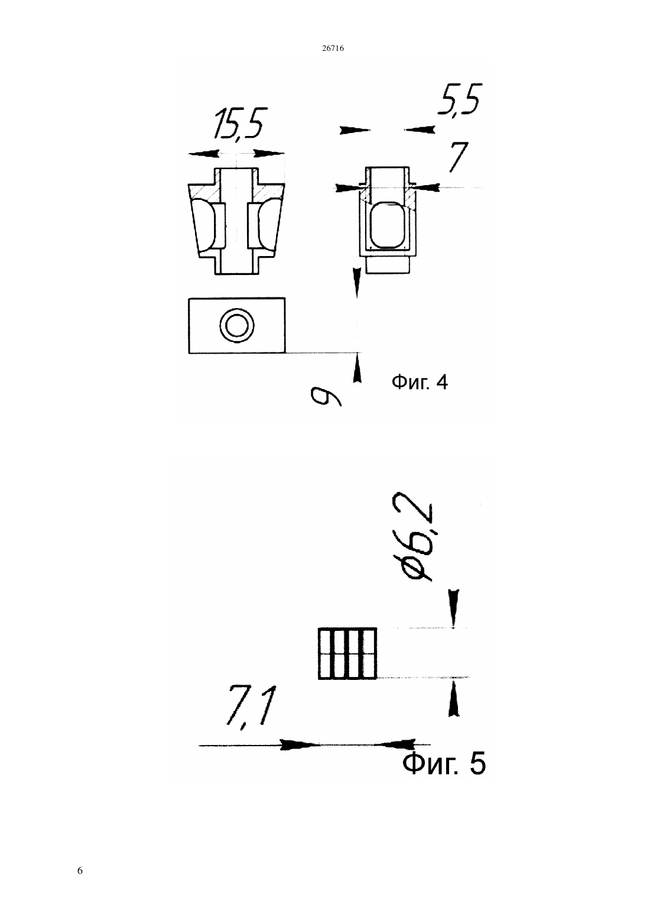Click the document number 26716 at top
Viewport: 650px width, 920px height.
click(333, 48)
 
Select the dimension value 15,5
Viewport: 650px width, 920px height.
click(240, 124)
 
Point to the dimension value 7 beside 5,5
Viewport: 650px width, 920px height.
click(458, 157)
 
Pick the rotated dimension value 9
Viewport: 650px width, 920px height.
click(326, 396)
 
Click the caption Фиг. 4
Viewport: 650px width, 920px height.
click(420, 383)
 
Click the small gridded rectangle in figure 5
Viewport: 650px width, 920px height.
click(347, 653)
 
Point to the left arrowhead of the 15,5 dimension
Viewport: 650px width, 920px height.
click(203, 153)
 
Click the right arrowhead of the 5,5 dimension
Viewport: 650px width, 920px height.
click(420, 130)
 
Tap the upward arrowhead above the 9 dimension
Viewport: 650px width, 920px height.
click(357, 369)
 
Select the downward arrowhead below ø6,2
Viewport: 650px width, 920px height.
click(454, 608)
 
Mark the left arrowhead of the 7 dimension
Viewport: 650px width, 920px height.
click(347, 187)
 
